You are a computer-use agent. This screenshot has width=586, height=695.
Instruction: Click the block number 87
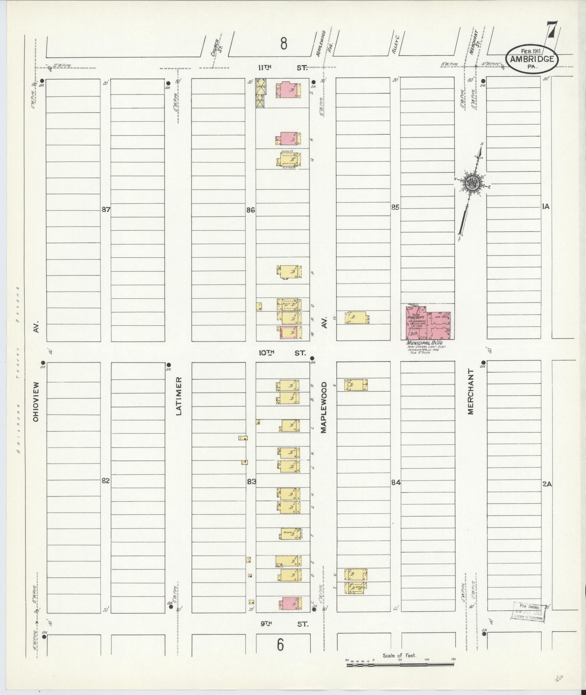coord(106,210)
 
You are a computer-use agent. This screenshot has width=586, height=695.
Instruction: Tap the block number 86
coord(251,210)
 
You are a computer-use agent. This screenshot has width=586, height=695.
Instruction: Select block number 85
coord(396,207)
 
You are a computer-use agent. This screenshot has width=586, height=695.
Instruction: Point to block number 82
coord(105,480)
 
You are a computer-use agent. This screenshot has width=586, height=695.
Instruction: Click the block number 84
coord(396,482)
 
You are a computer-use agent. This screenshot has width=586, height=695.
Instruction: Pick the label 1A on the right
coord(545,207)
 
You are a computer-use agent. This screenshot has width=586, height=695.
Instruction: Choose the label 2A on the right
coord(547,484)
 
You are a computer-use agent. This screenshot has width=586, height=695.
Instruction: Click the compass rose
coord(472,183)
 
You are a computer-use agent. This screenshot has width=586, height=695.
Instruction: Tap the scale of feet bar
coord(400,664)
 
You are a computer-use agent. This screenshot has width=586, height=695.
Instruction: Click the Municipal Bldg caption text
coord(424,343)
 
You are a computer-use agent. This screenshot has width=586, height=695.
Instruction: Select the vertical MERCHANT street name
coord(471,392)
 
